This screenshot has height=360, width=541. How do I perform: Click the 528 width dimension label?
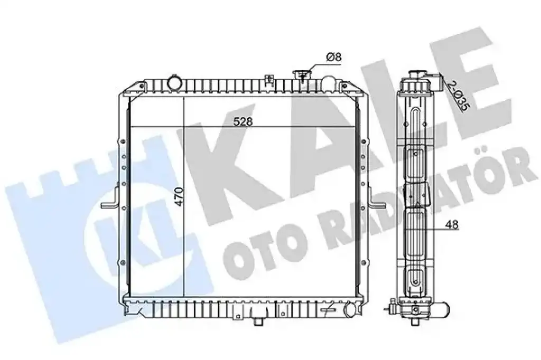tap(243, 121)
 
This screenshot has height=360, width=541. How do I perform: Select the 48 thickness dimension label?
tap(452, 224)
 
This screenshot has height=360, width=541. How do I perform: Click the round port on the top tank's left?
tap(174, 82)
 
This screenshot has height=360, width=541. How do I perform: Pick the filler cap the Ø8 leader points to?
tap(302, 74)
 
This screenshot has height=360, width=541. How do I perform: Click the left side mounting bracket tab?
tap(110, 200)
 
